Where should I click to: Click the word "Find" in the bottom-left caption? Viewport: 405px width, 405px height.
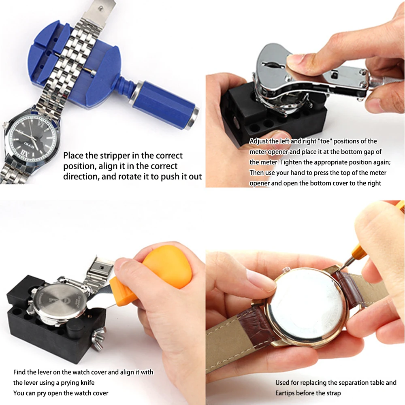[20, 372]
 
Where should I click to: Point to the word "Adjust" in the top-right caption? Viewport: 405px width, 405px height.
[258, 141]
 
